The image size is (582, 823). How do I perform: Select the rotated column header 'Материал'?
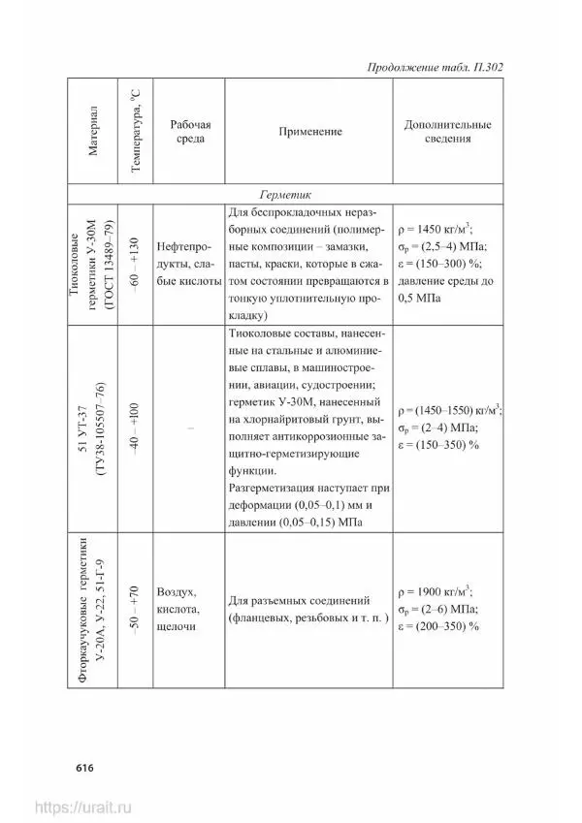(91, 132)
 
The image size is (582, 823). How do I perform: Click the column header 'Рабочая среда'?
(190, 132)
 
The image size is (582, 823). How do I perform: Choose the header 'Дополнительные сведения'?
(447, 132)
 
